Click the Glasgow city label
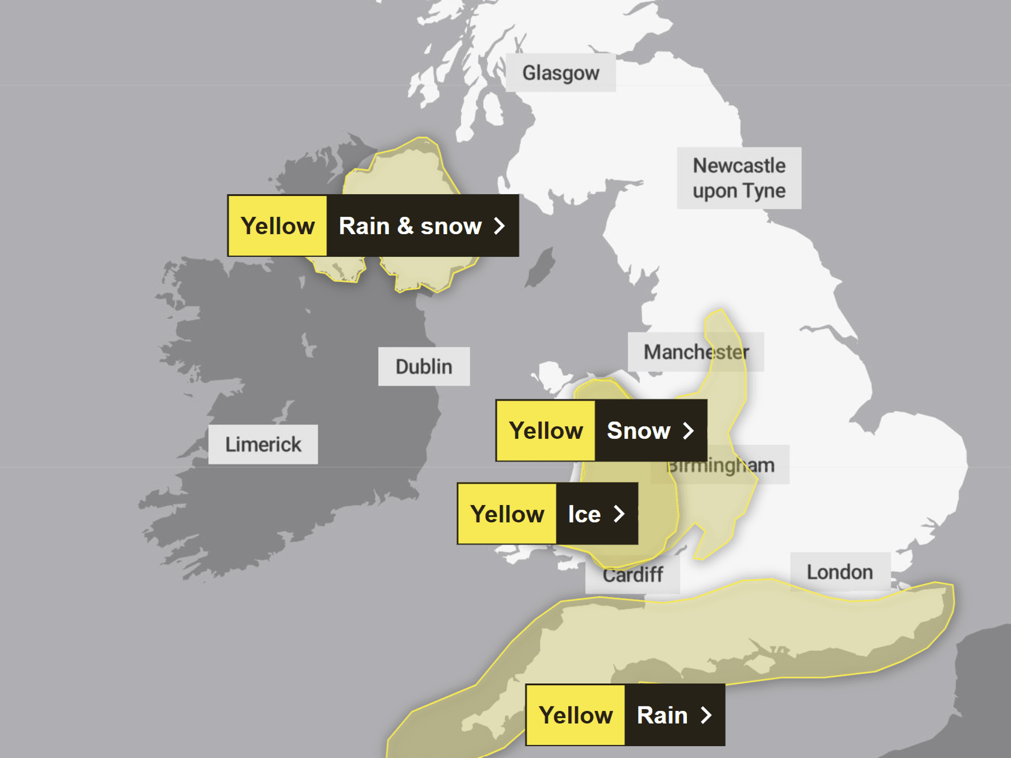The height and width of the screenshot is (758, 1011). (561, 73)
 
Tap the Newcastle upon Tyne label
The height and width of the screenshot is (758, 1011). (739, 178)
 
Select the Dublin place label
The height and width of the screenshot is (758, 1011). (424, 366)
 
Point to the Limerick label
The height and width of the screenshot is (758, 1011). (263, 444)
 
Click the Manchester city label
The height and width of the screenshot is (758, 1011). (696, 352)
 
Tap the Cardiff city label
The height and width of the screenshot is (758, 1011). (633, 575)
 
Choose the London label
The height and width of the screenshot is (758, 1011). (840, 572)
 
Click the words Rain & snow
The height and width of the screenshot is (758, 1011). (410, 226)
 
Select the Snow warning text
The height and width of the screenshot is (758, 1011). (638, 431)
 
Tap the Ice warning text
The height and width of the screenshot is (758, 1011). (584, 514)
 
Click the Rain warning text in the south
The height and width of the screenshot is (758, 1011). (662, 715)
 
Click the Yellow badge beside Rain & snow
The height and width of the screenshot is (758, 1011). (278, 226)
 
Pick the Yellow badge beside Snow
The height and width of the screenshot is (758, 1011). (546, 431)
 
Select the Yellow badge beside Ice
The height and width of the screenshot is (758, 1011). (507, 514)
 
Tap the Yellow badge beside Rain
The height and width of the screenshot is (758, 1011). (576, 715)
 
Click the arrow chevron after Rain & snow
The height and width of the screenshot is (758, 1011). (499, 226)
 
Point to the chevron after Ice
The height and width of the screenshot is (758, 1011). (619, 514)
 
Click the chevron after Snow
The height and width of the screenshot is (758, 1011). (688, 431)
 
